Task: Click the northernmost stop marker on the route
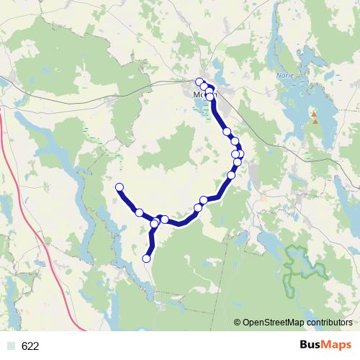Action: pyautogui.click(x=200, y=81)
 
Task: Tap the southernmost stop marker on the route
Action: pyautogui.click(x=147, y=258)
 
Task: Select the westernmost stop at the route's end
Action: pyautogui.click(x=120, y=188)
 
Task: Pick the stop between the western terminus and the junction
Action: pyautogui.click(x=139, y=212)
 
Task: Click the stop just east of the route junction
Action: pyautogui.click(x=165, y=219)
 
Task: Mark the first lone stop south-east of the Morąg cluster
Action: pyautogui.click(x=227, y=132)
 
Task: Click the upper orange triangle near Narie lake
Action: pyautogui.click(x=313, y=114)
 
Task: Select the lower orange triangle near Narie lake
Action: pyautogui.click(x=315, y=121)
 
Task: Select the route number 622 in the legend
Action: pyautogui.click(x=30, y=346)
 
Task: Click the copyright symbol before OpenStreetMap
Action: pyautogui.click(x=238, y=323)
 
